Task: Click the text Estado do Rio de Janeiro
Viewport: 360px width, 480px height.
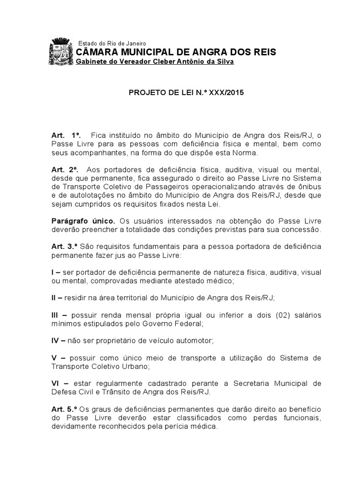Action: click(112, 43)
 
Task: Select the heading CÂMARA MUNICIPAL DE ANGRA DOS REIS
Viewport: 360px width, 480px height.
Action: click(176, 52)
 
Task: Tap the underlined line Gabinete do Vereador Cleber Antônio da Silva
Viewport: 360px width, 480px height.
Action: click(155, 62)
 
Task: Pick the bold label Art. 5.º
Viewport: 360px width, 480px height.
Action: click(65, 410)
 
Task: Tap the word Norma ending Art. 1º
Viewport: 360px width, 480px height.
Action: click(244, 153)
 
